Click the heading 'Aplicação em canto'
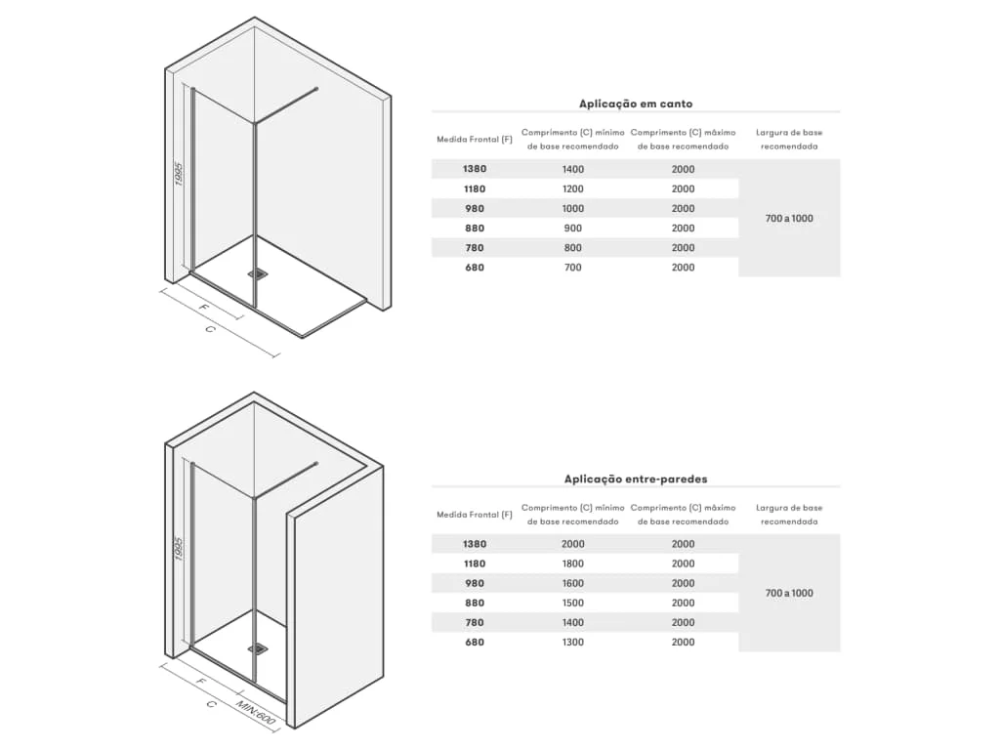click(x=635, y=104)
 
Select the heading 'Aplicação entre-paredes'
click(x=635, y=479)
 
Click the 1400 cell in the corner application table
click(x=572, y=169)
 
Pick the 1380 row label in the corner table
click(x=475, y=169)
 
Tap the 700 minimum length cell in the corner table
click(x=572, y=268)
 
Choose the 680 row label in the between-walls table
click(x=475, y=643)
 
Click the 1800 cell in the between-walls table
click(x=572, y=563)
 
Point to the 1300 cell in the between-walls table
click(x=572, y=643)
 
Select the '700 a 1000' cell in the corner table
click(x=789, y=218)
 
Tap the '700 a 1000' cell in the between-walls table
click(x=789, y=593)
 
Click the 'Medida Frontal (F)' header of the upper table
click(x=475, y=139)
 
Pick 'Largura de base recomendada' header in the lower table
click(x=789, y=515)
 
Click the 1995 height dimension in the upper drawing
click(x=179, y=174)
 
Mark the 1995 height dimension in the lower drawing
click(x=179, y=549)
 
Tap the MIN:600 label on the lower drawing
click(x=255, y=712)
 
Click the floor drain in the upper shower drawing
click(x=259, y=273)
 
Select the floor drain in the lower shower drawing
click(x=259, y=648)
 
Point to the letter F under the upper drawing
click(x=204, y=308)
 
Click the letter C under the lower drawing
click(x=212, y=704)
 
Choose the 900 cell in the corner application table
click(x=572, y=229)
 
